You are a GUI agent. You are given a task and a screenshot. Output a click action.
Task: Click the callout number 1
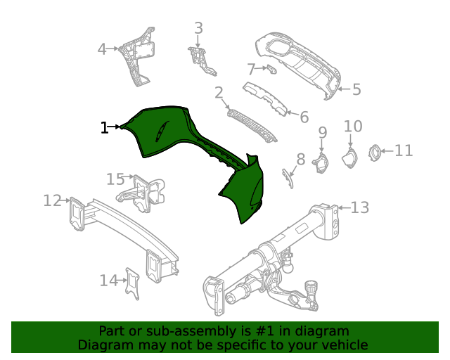pos(104,127)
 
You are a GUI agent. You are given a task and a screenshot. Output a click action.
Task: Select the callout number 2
pos(219,93)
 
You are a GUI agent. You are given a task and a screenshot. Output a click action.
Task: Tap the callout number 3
pos(198,28)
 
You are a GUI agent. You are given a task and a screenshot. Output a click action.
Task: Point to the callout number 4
pos(102,49)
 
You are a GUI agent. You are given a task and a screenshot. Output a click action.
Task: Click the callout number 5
pos(356,89)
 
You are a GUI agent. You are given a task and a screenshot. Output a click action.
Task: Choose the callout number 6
pos(304,117)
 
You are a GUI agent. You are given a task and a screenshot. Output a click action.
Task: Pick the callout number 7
pos(251,69)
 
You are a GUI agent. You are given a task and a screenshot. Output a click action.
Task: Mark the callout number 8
pos(300,160)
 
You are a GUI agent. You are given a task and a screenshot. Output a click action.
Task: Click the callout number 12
pos(51,201)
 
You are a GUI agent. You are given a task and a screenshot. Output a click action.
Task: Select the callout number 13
pos(359,207)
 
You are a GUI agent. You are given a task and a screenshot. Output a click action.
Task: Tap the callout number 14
pos(108,281)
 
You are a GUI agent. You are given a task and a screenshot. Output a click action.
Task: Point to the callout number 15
pos(115,179)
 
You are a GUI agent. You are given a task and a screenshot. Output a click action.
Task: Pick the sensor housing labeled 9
pos(321,164)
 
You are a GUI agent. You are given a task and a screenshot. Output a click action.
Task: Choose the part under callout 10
pos(349,157)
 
